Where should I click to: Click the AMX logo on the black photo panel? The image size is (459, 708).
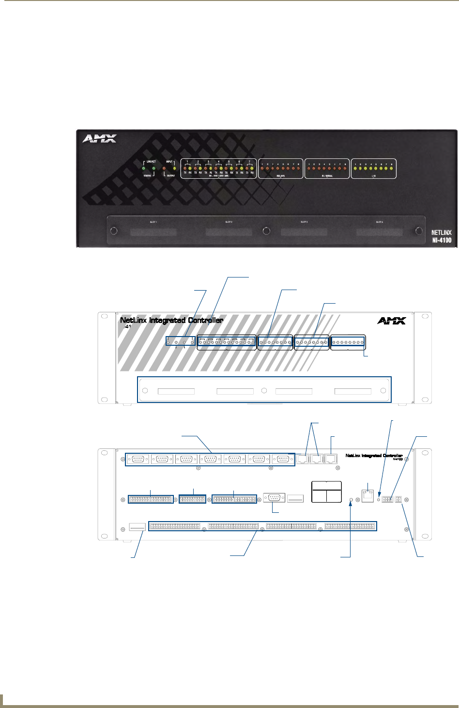pos(99,139)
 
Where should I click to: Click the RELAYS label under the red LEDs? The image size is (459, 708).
pos(280,176)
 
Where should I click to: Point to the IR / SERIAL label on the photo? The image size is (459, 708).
pos(327,176)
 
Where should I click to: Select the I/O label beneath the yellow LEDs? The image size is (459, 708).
pos(373,176)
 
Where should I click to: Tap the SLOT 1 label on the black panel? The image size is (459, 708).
pos(153,222)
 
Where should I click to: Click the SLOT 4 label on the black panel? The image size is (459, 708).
pos(380,222)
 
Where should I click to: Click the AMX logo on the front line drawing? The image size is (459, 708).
pos(391,320)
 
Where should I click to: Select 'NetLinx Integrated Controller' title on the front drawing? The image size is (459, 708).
pos(171,320)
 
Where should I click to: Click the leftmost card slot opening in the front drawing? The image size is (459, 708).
pos(176,391)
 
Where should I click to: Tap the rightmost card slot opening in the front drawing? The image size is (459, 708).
pos(353,391)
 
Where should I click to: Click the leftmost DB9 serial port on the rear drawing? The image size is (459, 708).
pos(138,459)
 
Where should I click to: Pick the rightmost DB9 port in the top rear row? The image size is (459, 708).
pos(283,459)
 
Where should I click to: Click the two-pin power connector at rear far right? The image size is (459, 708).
pos(399,499)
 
